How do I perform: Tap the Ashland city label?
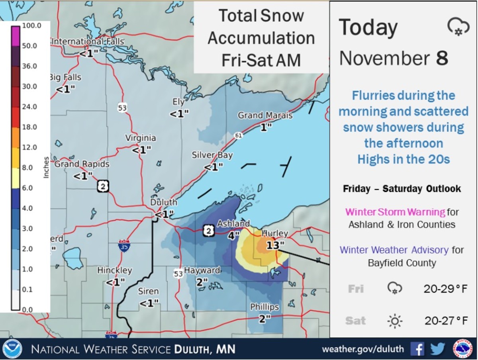[233, 224]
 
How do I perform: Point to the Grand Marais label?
[265, 115]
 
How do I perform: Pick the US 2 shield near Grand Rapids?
[103, 186]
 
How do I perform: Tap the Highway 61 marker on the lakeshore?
[238, 136]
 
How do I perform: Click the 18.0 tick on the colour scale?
[29, 127]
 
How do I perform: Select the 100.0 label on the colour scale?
[31, 26]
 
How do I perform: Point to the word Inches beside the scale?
[46, 167]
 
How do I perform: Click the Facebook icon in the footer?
[417, 349]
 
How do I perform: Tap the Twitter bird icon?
[437, 349]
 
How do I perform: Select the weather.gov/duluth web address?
[362, 349]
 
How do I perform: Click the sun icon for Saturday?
[394, 320]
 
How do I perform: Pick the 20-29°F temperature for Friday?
[445, 288]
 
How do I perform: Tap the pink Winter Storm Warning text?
[395, 212]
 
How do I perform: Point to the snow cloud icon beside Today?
[456, 27]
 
